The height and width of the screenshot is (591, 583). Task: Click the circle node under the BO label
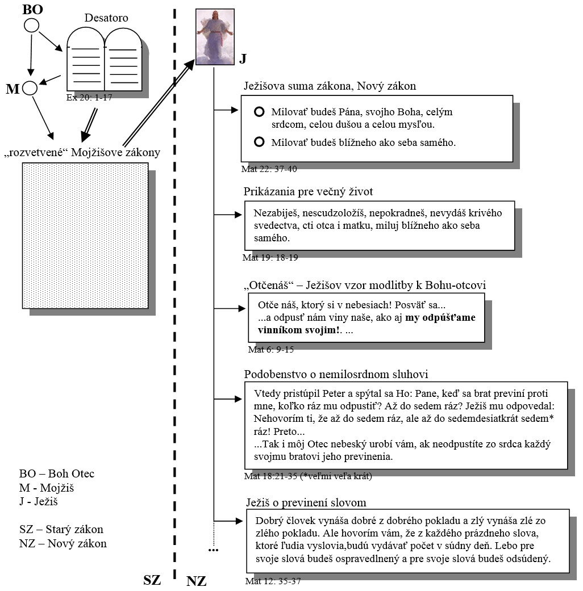click(x=31, y=25)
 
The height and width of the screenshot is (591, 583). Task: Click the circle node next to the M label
click(x=30, y=88)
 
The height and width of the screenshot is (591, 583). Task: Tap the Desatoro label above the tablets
click(x=106, y=18)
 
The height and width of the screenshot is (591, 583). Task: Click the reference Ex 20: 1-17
click(x=89, y=98)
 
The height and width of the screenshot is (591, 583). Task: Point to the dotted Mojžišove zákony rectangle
click(x=85, y=236)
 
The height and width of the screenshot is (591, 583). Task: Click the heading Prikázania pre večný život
click(x=308, y=191)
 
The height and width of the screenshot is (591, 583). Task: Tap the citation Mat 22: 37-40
click(x=269, y=169)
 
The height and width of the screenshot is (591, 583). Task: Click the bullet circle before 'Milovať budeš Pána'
click(x=259, y=112)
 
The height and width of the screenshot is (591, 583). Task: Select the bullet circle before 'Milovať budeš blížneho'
click(x=259, y=142)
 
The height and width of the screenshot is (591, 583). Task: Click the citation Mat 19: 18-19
click(x=270, y=257)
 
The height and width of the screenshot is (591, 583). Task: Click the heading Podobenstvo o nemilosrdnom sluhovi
click(x=336, y=374)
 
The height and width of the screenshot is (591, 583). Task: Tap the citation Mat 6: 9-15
click(x=270, y=349)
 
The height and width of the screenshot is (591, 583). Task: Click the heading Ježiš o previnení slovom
click(x=306, y=502)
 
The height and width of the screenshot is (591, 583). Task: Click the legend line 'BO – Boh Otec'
click(x=57, y=474)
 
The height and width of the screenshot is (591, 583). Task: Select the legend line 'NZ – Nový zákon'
click(x=63, y=543)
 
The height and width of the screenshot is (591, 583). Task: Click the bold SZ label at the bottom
click(x=152, y=580)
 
